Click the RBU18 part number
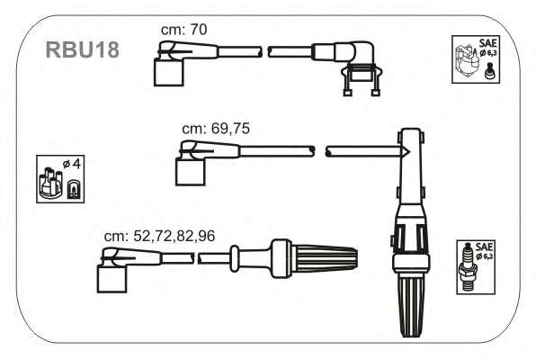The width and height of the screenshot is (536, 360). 83,49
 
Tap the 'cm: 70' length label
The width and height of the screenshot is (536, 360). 183,30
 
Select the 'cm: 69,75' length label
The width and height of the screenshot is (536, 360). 216,129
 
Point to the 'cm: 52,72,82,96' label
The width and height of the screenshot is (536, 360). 160,236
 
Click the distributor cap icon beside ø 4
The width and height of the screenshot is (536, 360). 49,183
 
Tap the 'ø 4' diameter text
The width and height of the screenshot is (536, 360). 71,164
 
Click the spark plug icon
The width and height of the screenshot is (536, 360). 467,267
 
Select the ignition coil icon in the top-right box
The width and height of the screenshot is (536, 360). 466,60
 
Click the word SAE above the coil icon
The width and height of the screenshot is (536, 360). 488,43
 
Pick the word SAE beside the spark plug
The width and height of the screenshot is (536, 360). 484,247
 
